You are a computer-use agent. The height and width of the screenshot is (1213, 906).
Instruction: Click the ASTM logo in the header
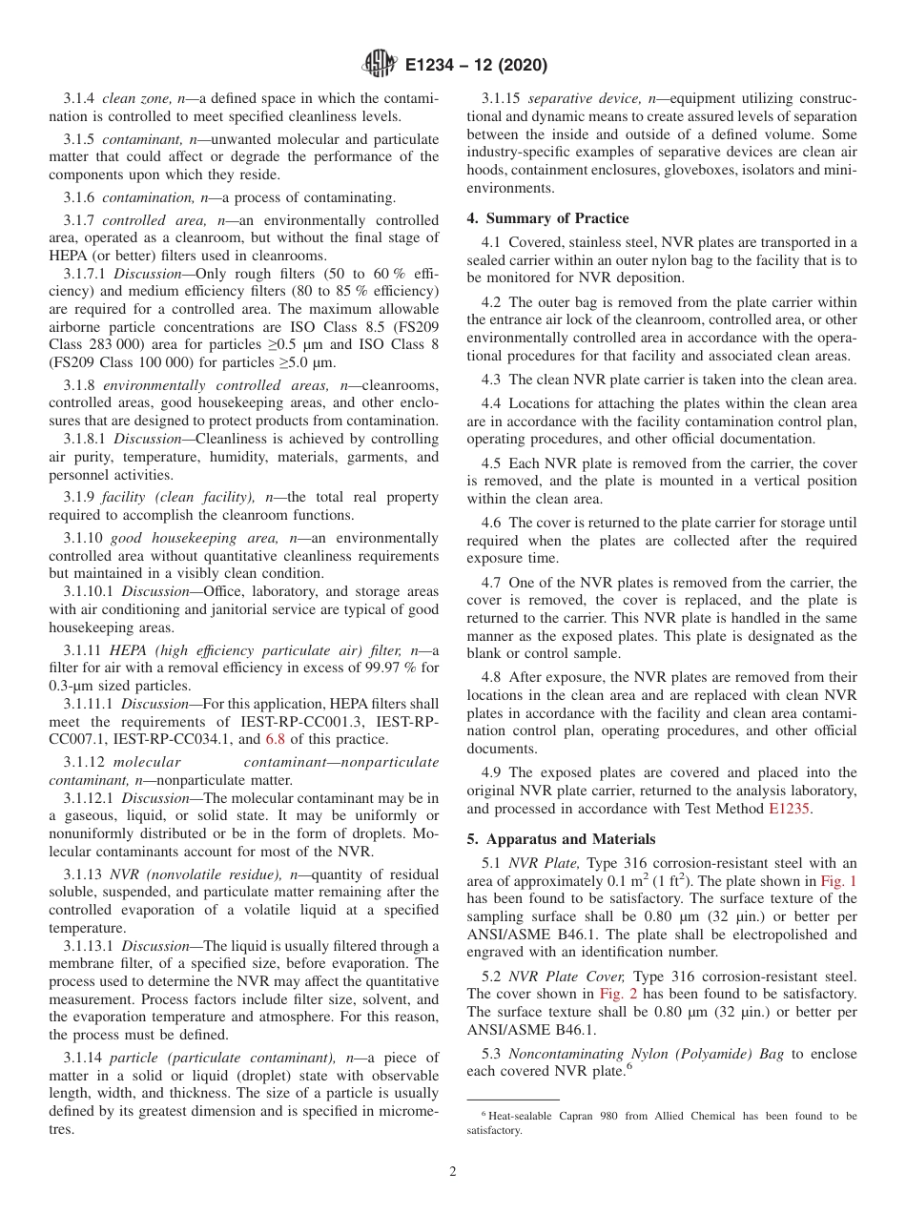380,66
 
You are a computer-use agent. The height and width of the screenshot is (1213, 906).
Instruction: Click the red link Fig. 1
838,881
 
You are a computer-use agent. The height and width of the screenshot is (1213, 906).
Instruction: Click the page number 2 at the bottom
453,1172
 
